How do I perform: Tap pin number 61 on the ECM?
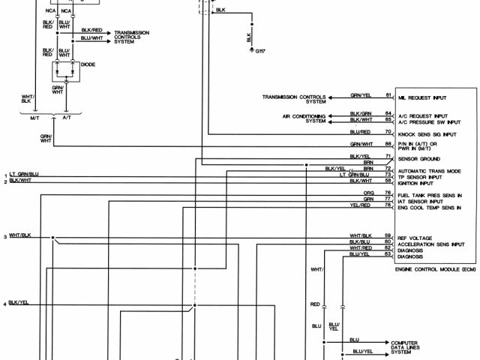(x=388, y=96)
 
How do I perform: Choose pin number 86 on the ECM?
(x=388, y=143)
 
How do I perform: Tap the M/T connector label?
(x=34, y=117)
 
